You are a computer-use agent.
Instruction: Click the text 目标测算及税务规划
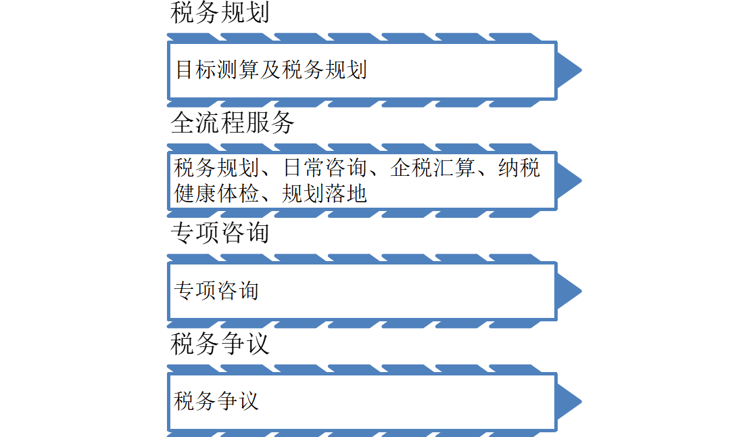coord(271,70)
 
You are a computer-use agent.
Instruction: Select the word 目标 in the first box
coord(197,70)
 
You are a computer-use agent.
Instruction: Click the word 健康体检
coord(217,194)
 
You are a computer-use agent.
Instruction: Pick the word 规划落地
coord(324,194)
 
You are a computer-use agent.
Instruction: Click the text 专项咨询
coord(217,291)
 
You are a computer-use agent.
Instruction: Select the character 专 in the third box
coord(185,291)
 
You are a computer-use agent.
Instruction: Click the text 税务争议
coord(217,401)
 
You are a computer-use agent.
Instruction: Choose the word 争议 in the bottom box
coord(238,401)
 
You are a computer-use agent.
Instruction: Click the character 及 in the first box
coord(271,70)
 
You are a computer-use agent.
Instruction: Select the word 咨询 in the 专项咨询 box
coord(238,291)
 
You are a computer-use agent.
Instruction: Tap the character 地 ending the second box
coord(357,194)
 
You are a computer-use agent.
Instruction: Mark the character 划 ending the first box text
coord(357,70)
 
